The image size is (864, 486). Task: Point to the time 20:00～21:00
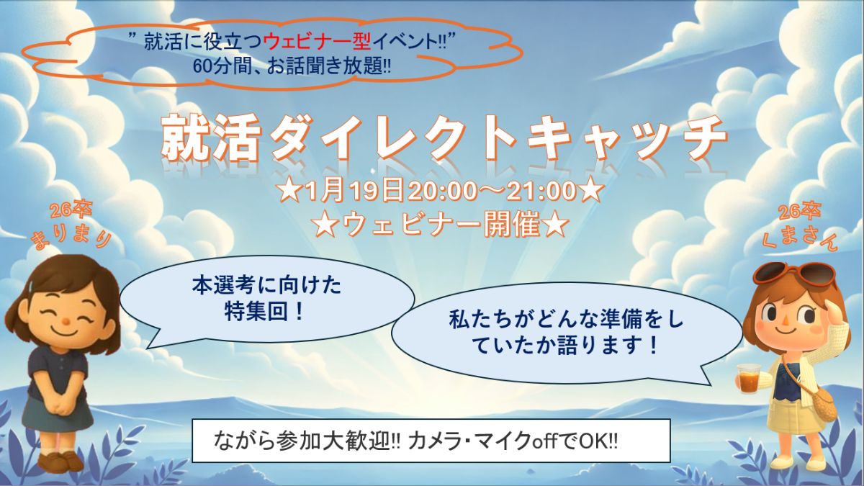492,191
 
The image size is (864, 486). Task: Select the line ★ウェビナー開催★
441,225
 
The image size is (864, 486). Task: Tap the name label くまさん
797,237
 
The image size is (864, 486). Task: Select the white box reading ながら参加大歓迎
431,441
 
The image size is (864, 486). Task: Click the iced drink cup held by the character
748,376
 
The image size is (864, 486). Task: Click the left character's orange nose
66,320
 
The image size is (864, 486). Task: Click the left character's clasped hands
61,405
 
